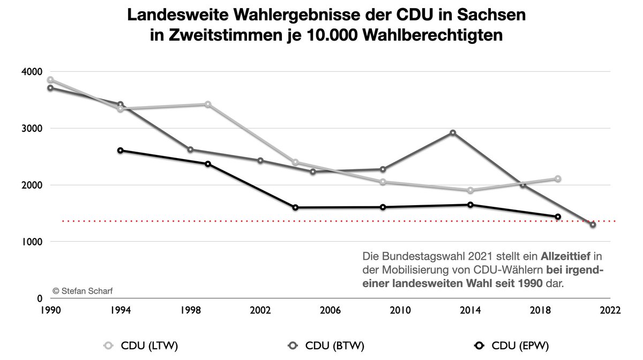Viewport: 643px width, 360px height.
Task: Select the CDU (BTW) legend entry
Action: pos(326,346)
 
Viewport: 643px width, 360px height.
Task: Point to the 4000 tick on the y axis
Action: pos(32,72)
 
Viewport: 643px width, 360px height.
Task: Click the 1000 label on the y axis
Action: pos(32,242)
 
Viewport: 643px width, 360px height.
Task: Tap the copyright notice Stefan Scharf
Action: pos(83,291)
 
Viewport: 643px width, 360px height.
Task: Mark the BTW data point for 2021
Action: pos(593,224)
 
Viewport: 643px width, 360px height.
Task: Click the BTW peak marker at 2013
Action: pos(453,133)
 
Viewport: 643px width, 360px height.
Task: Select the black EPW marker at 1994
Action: pos(121,151)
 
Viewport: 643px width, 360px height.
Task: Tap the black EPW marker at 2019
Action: pos(558,217)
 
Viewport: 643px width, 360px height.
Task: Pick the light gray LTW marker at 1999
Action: pos(208,104)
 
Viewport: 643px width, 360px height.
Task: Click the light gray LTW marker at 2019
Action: pos(558,178)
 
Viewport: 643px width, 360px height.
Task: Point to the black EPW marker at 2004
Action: pos(295,207)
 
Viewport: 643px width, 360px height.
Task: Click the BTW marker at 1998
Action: pos(190,150)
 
